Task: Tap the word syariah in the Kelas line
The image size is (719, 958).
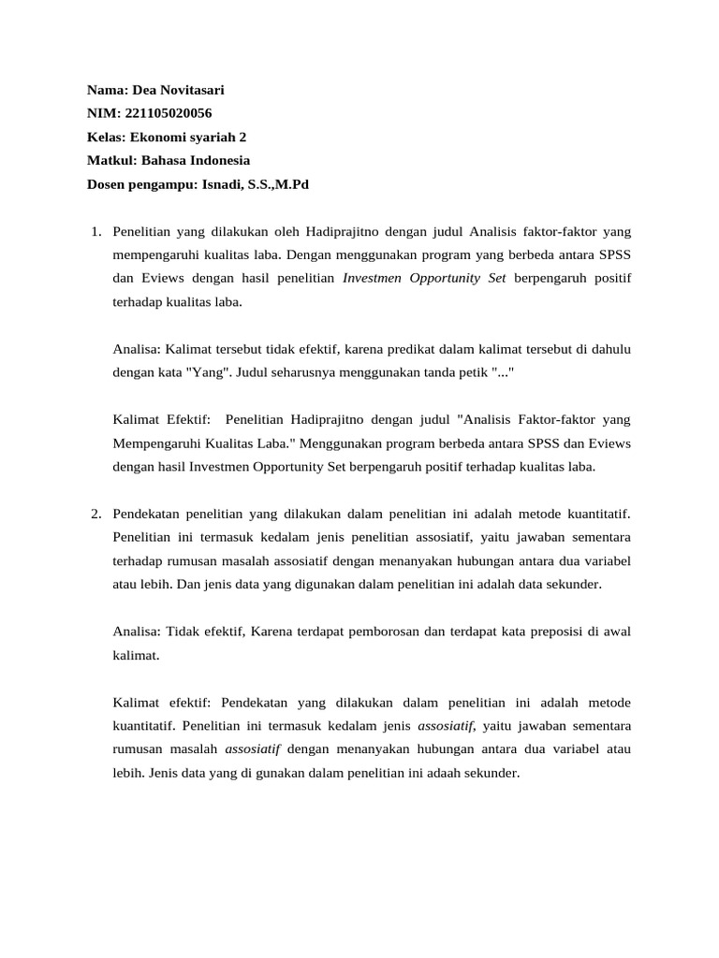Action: [x=200, y=137]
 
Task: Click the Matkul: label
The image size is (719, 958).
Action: [x=111, y=160]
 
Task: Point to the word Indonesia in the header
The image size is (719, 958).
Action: [x=220, y=160]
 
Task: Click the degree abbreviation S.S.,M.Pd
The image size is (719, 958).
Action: [x=278, y=184]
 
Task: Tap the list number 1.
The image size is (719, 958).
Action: [x=95, y=230]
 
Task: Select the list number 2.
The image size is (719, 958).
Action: [x=95, y=514]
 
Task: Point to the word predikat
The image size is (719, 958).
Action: [x=424, y=349]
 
